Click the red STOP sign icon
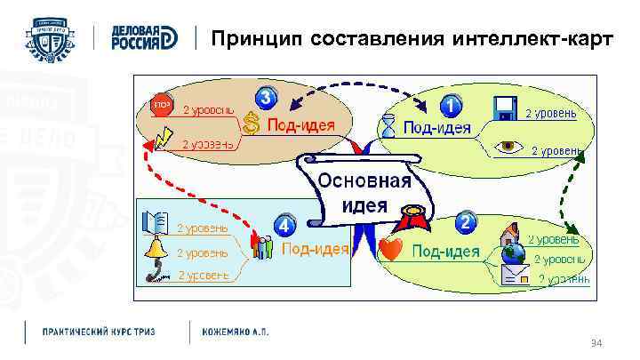click(161, 103)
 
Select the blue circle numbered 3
click(266, 97)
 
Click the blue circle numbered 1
click(452, 107)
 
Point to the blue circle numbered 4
click(284, 226)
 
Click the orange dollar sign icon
click(252, 124)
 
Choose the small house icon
click(510, 235)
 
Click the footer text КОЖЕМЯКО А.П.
click(235, 331)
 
